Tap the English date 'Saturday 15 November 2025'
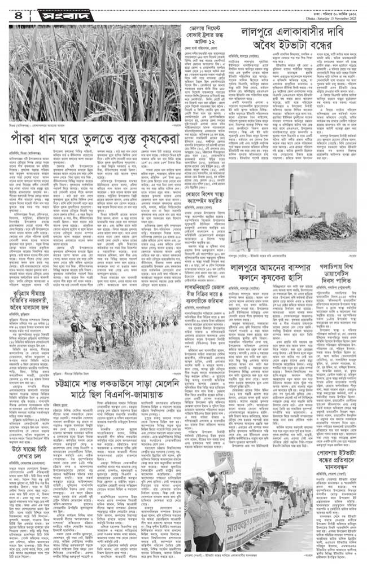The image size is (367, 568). (x=334, y=12)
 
